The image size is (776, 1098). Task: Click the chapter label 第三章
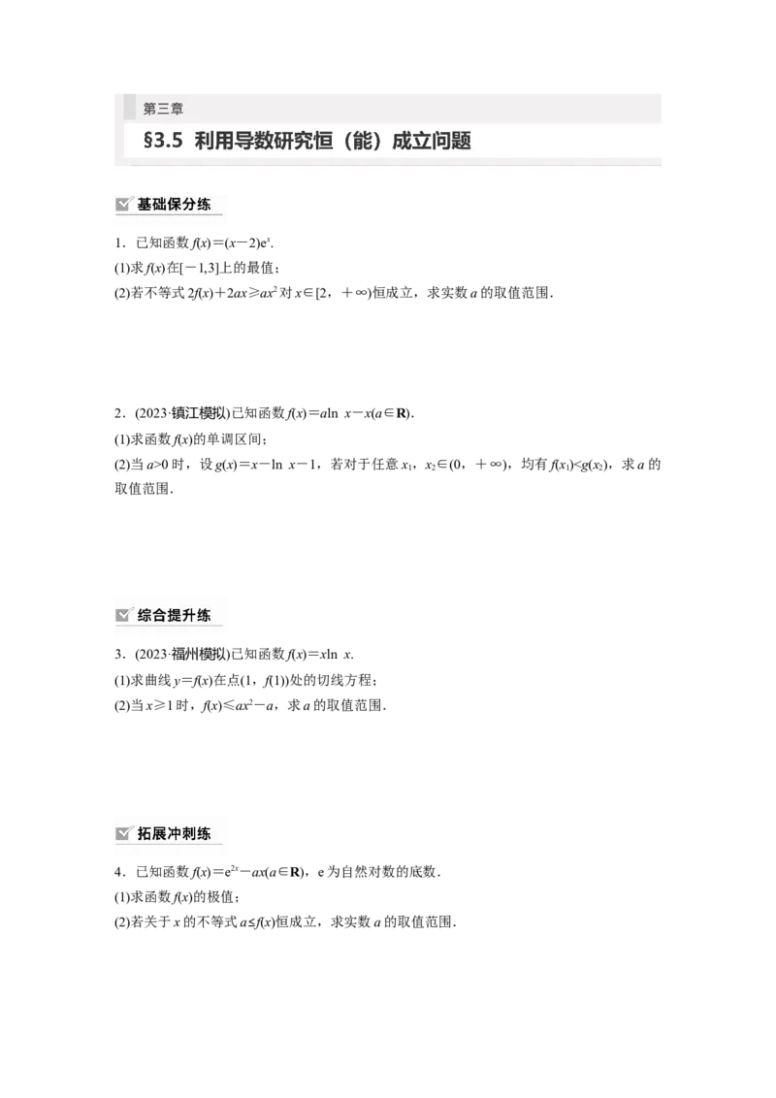pyautogui.click(x=163, y=109)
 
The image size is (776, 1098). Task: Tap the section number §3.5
pyautogui.click(x=163, y=142)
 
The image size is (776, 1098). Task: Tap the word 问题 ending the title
pyautogui.click(x=450, y=142)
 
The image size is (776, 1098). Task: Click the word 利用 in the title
pyautogui.click(x=211, y=142)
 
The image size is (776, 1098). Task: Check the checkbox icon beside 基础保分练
pyautogui.click(x=124, y=205)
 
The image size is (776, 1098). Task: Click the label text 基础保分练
pyautogui.click(x=175, y=205)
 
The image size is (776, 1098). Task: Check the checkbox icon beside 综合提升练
pyautogui.click(x=124, y=615)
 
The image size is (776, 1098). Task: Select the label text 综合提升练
pyautogui.click(x=175, y=615)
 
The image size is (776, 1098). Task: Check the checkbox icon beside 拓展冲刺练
pyautogui.click(x=124, y=833)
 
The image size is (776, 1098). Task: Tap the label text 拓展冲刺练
pyautogui.click(x=175, y=833)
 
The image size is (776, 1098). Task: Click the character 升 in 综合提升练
pyautogui.click(x=188, y=615)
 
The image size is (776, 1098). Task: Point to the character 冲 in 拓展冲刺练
pyautogui.click(x=175, y=833)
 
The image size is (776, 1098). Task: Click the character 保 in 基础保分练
pyautogui.click(x=175, y=205)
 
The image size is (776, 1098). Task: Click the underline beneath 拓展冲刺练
pyautogui.click(x=169, y=844)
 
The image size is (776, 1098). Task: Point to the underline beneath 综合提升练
pyautogui.click(x=169, y=626)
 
